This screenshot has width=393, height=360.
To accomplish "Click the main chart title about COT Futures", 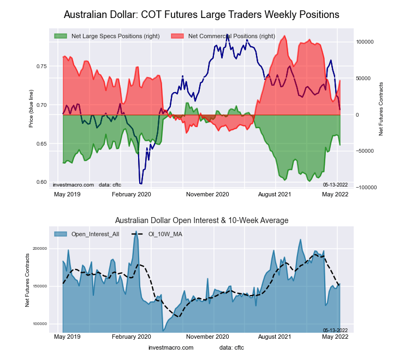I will click(201, 14).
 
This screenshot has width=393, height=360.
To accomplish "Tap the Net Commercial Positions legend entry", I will click(223, 36).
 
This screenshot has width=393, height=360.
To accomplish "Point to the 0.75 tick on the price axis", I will click(41, 67).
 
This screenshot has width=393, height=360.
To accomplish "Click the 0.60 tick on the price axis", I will click(41, 182).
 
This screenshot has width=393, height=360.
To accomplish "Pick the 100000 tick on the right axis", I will click(365, 42).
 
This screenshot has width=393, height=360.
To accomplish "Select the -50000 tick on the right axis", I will click(365, 151).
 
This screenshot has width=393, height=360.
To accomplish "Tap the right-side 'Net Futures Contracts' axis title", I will click(381, 109).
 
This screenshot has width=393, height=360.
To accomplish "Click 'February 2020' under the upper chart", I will click(132, 194).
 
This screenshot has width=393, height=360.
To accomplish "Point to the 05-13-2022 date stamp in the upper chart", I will click(335, 184).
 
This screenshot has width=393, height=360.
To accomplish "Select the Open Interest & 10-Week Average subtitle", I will click(201, 220).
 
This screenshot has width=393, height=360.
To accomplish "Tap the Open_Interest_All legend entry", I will click(88, 234).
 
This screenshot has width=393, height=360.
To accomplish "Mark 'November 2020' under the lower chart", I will click(207, 337).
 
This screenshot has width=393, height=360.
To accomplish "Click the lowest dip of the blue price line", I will click(140, 184).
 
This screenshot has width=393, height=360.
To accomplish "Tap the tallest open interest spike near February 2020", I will click(135, 233).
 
